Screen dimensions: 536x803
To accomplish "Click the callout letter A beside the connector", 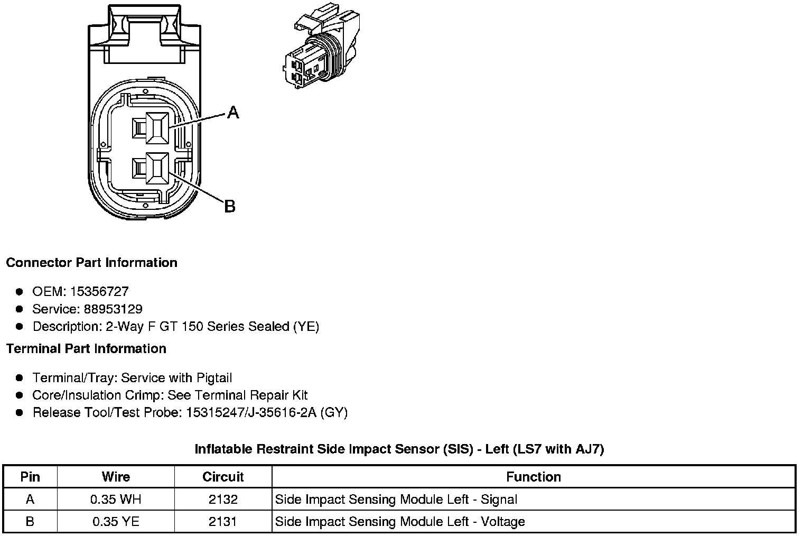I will pyautogui.click(x=233, y=112).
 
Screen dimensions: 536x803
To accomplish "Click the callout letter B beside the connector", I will pyautogui.click(x=230, y=206).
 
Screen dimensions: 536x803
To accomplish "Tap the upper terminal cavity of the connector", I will pyautogui.click(x=157, y=128).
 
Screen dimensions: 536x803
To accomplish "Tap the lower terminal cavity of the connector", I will pyautogui.click(x=157, y=169).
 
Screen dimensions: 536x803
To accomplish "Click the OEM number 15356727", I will pyautogui.click(x=99, y=291).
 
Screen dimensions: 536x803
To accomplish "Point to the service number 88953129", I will pyautogui.click(x=113, y=309).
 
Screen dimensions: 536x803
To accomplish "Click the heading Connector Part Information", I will pyautogui.click(x=91, y=263).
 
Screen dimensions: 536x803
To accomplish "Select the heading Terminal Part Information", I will pyautogui.click(x=86, y=349).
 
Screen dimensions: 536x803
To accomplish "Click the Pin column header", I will pyautogui.click(x=30, y=477).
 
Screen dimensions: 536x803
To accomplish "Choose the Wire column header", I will pyautogui.click(x=116, y=477).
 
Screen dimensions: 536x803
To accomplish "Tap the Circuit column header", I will pyautogui.click(x=223, y=477).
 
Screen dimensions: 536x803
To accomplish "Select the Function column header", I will pyautogui.click(x=534, y=477).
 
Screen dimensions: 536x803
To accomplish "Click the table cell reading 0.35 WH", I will pyautogui.click(x=116, y=499).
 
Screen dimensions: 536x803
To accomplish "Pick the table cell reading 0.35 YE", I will pyautogui.click(x=116, y=522).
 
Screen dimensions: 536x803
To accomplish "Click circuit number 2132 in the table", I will pyautogui.click(x=223, y=499).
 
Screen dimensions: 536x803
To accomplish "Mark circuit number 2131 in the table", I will pyautogui.click(x=223, y=522).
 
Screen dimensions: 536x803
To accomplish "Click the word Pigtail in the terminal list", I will pyautogui.click(x=214, y=378).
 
